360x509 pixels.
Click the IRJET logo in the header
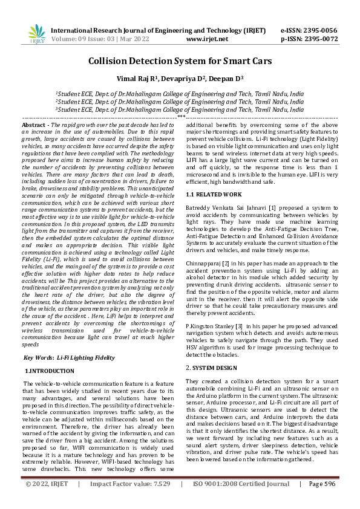click(x=36, y=34)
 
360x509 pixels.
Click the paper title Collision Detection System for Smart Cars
click(x=180, y=60)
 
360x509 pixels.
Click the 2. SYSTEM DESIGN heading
click(x=212, y=367)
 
